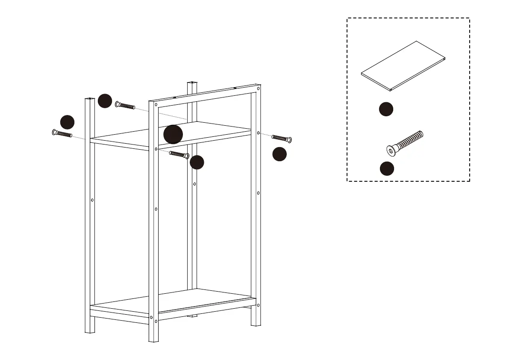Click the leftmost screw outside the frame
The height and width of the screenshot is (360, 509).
(62, 134)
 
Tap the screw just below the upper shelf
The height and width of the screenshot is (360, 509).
(179, 154)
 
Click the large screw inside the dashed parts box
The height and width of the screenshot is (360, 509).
(405, 142)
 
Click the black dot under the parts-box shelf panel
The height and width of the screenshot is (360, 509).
(386, 109)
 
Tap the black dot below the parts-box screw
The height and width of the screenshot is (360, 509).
(387, 168)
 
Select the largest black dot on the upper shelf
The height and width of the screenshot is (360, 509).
(173, 135)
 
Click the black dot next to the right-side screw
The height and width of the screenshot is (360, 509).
(280, 154)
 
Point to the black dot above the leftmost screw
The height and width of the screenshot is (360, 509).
(67, 122)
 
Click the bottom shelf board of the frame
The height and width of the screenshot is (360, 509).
(173, 301)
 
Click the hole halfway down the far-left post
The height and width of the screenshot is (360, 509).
(92, 200)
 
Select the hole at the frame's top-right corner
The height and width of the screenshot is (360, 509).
(258, 89)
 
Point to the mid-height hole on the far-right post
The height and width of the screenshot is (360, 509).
(258, 193)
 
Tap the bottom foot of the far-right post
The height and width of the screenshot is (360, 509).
(256, 322)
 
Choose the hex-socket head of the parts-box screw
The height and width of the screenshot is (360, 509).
(391, 150)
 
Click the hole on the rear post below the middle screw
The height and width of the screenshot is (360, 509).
(194, 184)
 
